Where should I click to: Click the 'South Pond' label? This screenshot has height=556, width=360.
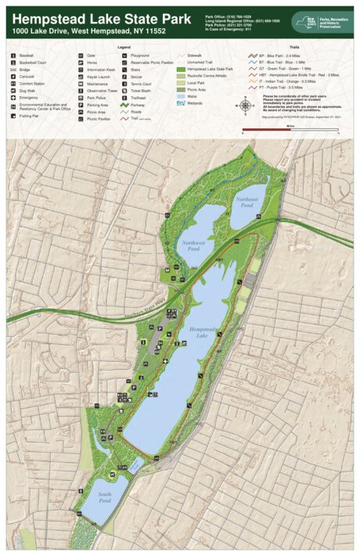click(105, 497)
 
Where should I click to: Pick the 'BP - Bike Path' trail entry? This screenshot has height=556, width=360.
click(274, 57)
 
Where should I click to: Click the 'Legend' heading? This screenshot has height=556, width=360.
click(124, 48)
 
